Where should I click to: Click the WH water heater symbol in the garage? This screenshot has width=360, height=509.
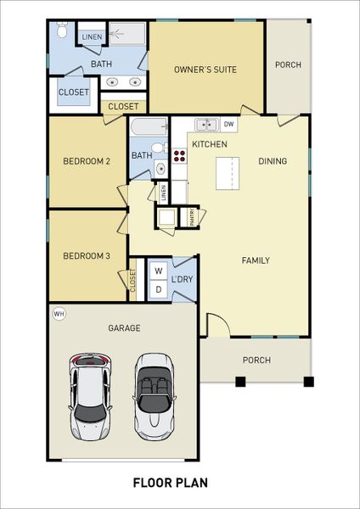(x=59, y=314)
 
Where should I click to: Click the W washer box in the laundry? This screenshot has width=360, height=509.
(x=157, y=271)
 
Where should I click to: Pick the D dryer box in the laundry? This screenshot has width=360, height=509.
(x=157, y=289)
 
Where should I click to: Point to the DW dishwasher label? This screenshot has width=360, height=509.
(x=228, y=125)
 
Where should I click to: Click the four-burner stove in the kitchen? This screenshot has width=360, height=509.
(x=179, y=155)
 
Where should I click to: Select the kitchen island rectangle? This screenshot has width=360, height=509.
(x=228, y=174)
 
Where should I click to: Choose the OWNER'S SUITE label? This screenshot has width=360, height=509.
(x=205, y=70)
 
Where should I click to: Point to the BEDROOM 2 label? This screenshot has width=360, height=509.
(x=87, y=161)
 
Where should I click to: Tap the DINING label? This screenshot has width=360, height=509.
(x=272, y=161)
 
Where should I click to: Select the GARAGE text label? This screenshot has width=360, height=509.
(x=124, y=327)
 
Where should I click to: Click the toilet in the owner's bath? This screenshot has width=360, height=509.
(x=62, y=32)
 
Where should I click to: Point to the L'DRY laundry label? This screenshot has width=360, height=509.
(x=182, y=280)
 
